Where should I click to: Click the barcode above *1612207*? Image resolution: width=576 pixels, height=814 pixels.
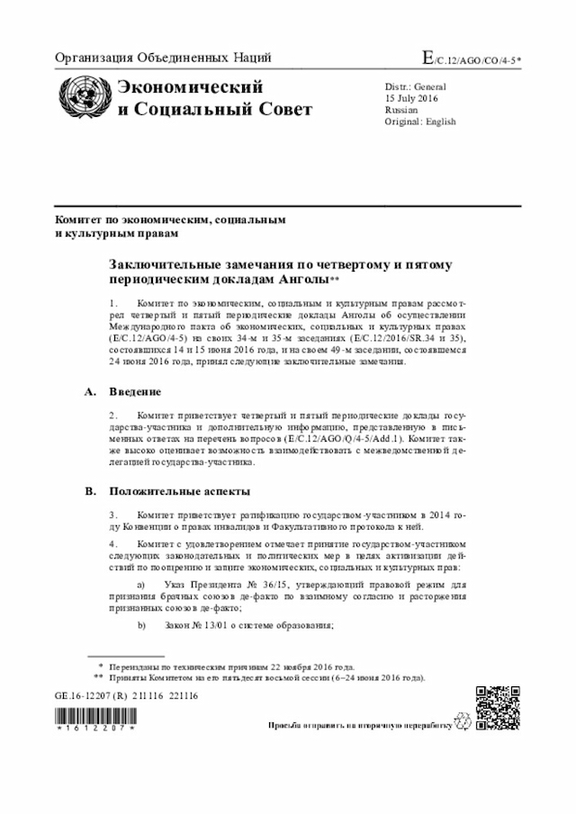coord(94,715)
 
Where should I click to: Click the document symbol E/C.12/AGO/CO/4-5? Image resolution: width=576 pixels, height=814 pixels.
coord(477,59)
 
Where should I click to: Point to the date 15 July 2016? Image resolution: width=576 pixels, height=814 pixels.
coord(411,98)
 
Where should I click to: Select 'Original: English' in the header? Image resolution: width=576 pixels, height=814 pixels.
coord(420,121)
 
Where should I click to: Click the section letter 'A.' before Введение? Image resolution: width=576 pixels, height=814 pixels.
coord(89,392)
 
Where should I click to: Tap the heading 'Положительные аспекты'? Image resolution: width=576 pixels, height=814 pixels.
coord(180,491)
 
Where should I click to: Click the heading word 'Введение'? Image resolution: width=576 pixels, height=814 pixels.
coord(136,392)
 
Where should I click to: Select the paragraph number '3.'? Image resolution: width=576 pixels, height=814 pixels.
coord(113,514)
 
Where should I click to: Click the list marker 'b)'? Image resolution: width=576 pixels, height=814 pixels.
coord(141,625)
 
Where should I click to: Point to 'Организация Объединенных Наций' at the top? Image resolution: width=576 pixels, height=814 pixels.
coord(163,59)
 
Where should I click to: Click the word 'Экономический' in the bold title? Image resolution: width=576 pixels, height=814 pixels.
coord(192,87)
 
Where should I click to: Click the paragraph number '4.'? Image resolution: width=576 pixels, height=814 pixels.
coord(113,544)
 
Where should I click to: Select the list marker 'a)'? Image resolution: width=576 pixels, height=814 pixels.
coord(141,585)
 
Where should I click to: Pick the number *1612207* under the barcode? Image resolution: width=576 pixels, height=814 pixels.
coord(94,727)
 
